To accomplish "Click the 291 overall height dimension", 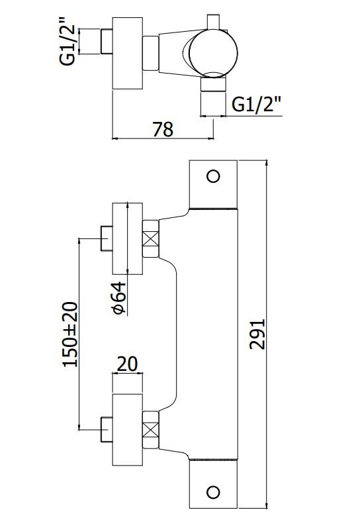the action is point(257,334).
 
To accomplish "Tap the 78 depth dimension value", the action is point(163,129).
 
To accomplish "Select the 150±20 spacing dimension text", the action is point(70,334).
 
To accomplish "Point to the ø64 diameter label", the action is point(119,297).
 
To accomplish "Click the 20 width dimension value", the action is point(127,364).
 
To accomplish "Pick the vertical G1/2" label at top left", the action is point(67,45).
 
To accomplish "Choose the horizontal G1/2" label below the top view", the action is point(256,104).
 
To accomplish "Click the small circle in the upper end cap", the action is point(214,176).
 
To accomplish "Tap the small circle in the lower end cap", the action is point(214,492).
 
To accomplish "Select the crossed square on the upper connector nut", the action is point(151,238).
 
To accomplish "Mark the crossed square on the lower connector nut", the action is point(151,430).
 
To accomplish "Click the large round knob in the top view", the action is point(213,54).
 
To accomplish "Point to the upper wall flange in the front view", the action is point(128,238).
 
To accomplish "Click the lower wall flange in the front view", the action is point(128,430).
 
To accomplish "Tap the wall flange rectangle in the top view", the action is point(128,53).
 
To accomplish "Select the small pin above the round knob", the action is point(214,23).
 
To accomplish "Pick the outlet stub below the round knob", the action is point(213,84).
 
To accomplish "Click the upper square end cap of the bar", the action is point(214,184).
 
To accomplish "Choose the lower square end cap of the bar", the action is point(214,484).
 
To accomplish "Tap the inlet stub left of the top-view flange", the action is point(107,42).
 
